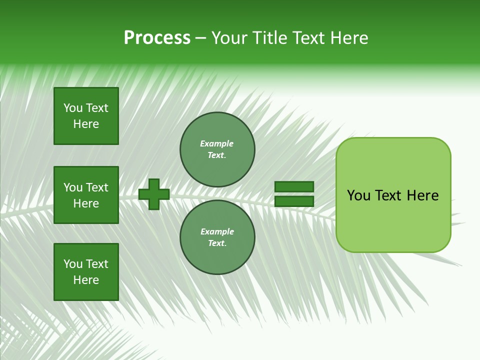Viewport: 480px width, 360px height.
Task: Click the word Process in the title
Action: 157,38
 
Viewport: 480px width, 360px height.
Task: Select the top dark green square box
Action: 86,116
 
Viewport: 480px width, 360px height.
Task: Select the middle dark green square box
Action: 86,195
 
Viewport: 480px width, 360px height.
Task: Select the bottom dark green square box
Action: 86,272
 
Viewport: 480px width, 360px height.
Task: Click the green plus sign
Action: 154,194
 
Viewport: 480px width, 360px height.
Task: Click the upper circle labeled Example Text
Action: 217,149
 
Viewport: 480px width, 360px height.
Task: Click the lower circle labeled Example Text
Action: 217,237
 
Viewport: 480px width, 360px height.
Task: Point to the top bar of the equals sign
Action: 294,186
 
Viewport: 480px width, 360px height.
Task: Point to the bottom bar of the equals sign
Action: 294,201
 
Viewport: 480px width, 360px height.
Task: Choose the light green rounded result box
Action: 393,195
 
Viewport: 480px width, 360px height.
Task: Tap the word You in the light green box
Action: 358,195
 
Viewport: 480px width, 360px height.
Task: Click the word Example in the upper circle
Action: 216,143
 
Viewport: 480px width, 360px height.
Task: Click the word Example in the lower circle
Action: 217,231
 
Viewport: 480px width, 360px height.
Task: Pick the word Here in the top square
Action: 86,124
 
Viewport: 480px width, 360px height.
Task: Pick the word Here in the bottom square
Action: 86,280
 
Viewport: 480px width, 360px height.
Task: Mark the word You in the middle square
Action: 73,187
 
